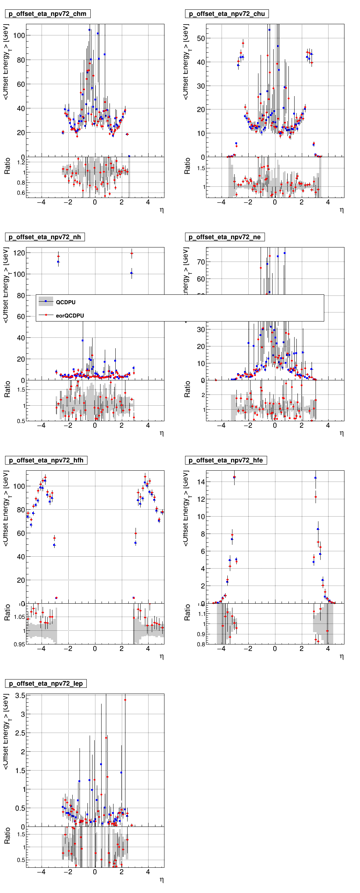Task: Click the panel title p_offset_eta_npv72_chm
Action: pos(48,14)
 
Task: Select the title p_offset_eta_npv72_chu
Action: pos(227,14)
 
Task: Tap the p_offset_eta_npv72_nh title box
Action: pos(45,237)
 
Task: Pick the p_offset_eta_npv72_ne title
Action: pos(225,237)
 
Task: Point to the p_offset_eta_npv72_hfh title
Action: pos(46,461)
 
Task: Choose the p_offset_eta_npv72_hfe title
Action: pos(226,461)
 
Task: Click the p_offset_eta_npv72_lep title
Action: pos(46,684)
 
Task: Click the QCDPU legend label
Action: pos(66,303)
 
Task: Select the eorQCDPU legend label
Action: pos(70,316)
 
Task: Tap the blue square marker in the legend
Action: pos(46,301)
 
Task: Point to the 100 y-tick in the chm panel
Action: pos(19,35)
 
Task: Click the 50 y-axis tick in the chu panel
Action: pos(201,38)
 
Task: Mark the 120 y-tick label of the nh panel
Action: pos(19,253)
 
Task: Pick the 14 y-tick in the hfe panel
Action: pos(201,482)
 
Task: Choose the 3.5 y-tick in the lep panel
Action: pos(20,695)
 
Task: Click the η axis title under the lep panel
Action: pos(162,880)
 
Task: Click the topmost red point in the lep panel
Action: pos(125,700)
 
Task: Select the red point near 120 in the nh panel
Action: pos(132,253)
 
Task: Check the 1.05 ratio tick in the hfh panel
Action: pos(20,617)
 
